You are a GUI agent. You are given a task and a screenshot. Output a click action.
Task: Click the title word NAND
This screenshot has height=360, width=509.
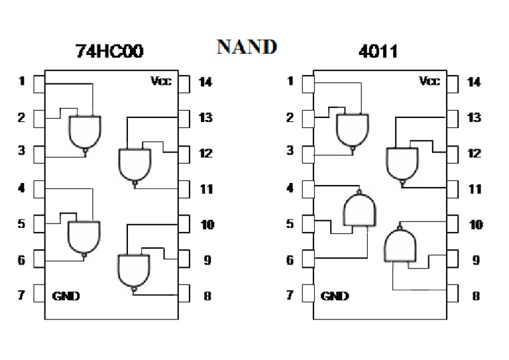pyautogui.click(x=246, y=46)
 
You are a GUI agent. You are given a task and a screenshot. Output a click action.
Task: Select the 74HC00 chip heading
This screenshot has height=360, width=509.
pyautogui.click(x=109, y=52)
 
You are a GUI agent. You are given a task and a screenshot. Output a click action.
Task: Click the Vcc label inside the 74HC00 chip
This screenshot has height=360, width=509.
pyautogui.click(x=161, y=82)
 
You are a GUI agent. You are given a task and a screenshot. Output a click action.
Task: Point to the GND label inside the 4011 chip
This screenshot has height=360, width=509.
pyautogui.click(x=335, y=296)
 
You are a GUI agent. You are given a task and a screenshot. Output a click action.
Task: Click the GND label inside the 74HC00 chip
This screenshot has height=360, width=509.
pyautogui.click(x=66, y=296)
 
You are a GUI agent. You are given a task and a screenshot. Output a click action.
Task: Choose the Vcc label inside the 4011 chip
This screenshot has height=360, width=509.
pyautogui.click(x=429, y=82)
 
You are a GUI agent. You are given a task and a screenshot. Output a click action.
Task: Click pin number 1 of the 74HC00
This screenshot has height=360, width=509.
pyautogui.click(x=22, y=82)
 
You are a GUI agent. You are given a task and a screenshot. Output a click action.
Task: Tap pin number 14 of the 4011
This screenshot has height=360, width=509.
pyautogui.click(x=475, y=82)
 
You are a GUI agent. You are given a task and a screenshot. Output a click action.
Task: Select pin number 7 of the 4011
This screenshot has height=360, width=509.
pyautogui.click(x=290, y=295)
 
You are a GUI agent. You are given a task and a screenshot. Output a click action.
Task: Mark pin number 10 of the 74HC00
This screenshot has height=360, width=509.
pyautogui.click(x=207, y=225)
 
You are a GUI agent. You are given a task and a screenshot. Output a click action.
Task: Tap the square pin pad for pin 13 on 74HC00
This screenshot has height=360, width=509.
pyautogui.click(x=185, y=118)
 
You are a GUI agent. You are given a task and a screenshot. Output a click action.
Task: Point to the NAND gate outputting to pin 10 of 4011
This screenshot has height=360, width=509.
pyautogui.click(x=401, y=243)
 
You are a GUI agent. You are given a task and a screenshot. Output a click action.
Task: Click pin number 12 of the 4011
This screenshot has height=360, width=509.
pyautogui.click(x=475, y=153)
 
